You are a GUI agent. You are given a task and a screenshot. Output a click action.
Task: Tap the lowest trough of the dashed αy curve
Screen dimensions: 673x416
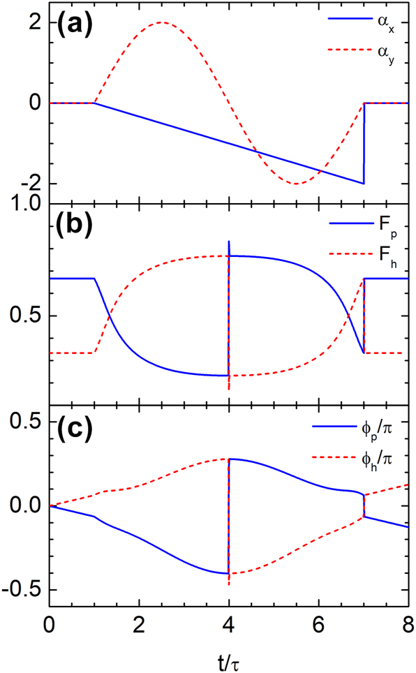pos(297,184)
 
